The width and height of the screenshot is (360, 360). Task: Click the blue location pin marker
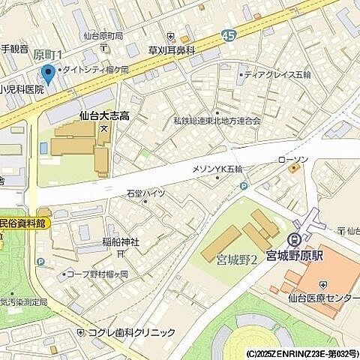(x=49, y=74)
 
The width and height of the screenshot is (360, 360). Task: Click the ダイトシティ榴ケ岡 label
(x=98, y=69)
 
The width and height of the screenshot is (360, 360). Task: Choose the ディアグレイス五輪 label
(x=279, y=74)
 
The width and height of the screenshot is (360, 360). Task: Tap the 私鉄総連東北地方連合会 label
(x=217, y=120)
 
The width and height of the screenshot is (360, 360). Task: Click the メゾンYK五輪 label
(x=217, y=169)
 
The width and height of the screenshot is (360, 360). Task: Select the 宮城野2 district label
(x=237, y=259)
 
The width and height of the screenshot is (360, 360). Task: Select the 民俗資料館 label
(x=22, y=223)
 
